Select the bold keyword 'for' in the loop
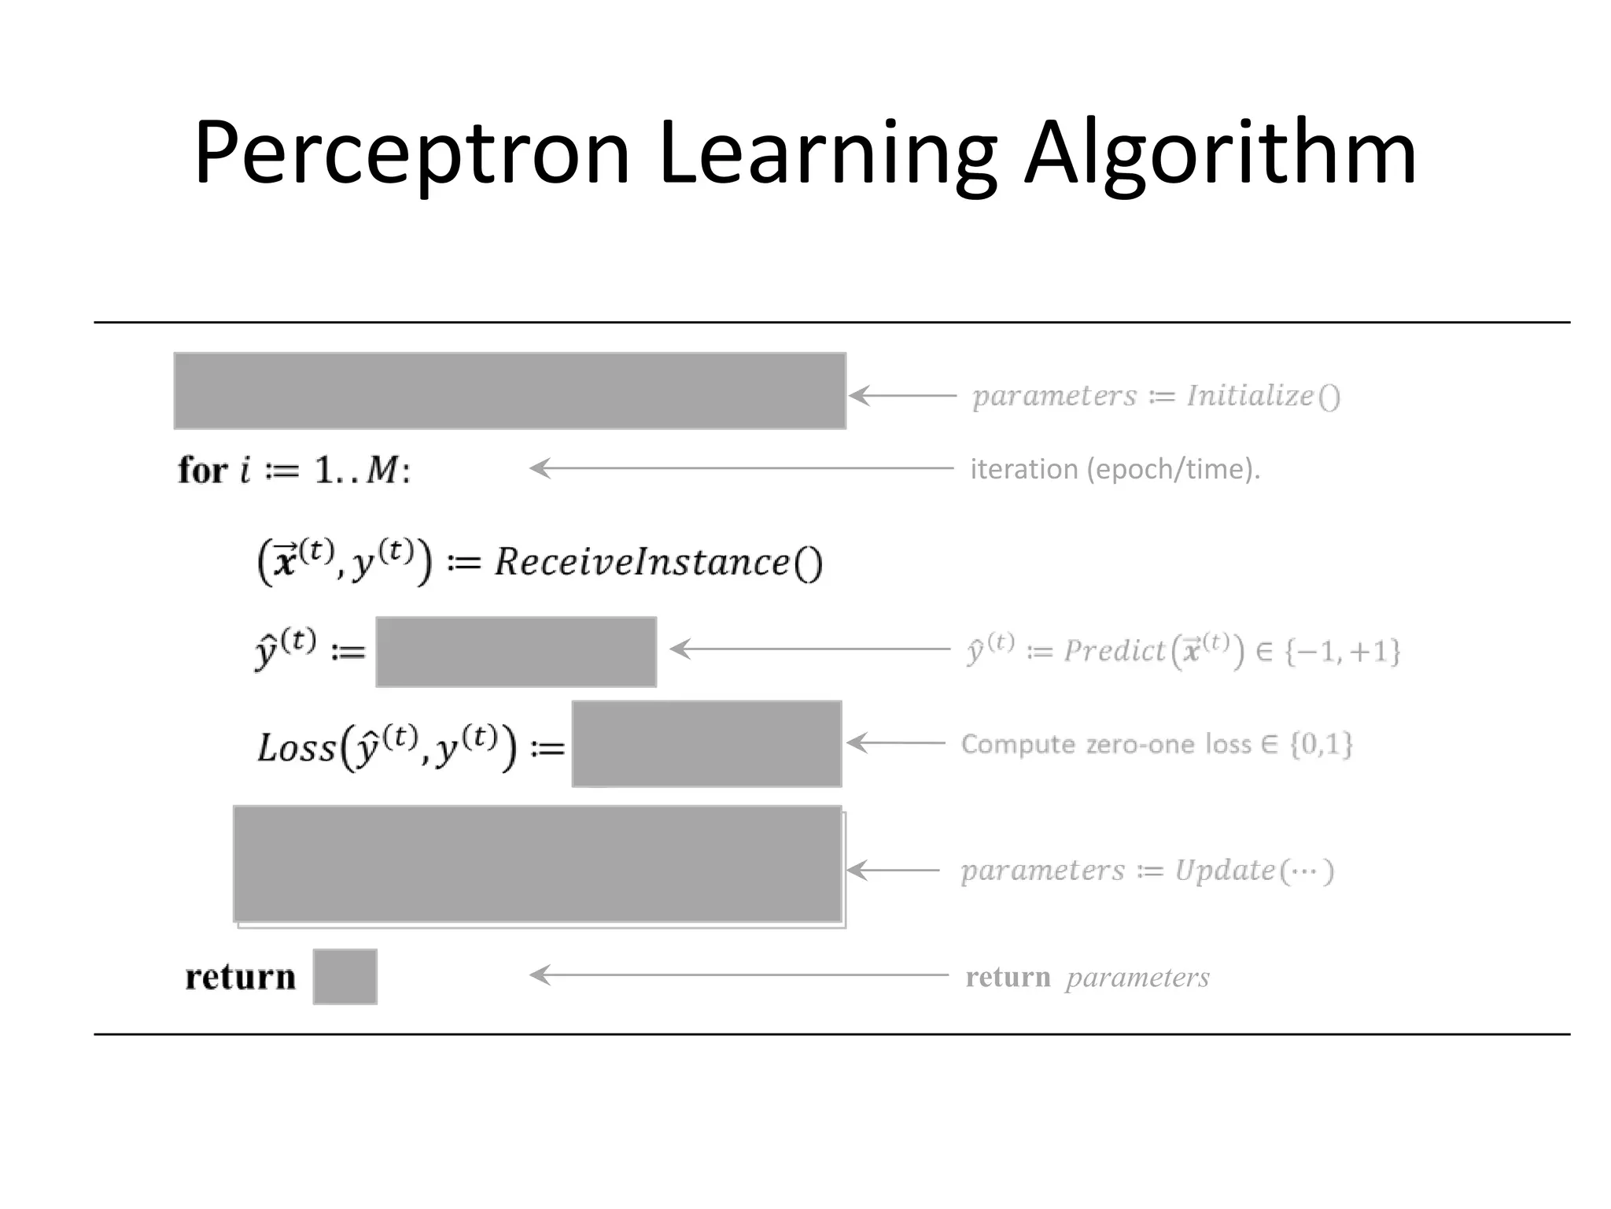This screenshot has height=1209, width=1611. (203, 471)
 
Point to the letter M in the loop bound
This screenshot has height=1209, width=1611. (383, 471)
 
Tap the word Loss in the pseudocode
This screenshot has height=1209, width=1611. (297, 747)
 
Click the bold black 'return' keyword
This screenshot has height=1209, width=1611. (241, 977)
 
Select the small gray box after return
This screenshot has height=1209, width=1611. (345, 977)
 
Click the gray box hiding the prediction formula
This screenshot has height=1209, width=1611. (516, 652)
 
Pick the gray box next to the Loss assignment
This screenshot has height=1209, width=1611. (706, 744)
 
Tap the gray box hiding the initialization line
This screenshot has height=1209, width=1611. (510, 391)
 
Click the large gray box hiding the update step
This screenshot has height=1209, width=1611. (538, 863)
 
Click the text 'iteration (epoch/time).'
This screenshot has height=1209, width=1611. (1115, 469)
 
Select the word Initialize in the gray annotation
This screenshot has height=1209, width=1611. (1250, 395)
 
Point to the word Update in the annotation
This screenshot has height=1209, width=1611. (1225, 871)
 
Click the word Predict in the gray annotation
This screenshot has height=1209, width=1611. (1114, 651)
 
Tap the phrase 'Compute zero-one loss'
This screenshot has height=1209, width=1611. (1105, 744)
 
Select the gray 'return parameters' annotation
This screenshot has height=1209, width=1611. (1087, 977)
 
